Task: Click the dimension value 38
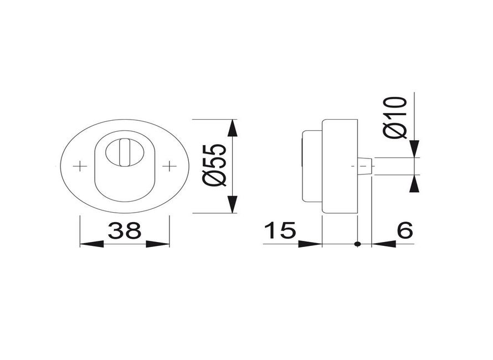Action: click(x=125, y=230)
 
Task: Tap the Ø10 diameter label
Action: click(x=397, y=117)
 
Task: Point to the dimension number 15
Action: click(x=280, y=230)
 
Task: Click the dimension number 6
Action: click(x=405, y=230)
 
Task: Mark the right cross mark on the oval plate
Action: click(x=168, y=166)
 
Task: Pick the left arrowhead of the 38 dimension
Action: click(x=91, y=244)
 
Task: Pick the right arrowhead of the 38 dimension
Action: click(x=158, y=244)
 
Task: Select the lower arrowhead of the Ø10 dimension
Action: click(x=414, y=183)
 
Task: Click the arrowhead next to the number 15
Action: click(x=310, y=244)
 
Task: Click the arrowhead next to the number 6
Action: click(x=383, y=244)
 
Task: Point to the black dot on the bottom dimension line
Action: click(x=357, y=244)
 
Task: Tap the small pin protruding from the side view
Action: click(x=365, y=166)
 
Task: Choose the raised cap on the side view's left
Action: click(x=310, y=166)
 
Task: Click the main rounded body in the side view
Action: click(x=339, y=166)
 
